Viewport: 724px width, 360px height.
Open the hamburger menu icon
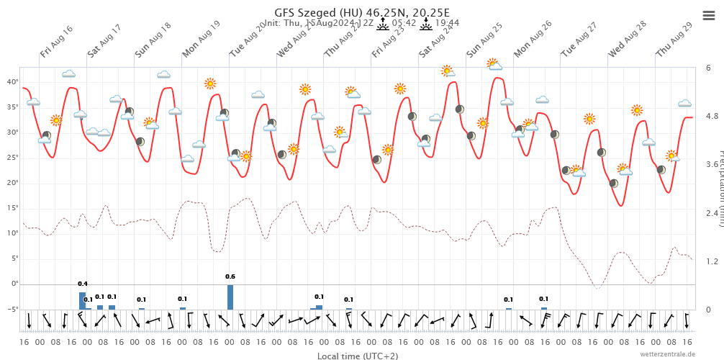click(x=708, y=15)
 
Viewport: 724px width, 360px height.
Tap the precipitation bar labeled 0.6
click(x=230, y=297)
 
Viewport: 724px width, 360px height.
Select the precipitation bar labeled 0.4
click(x=82, y=300)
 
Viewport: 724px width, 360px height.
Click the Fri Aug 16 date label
click(x=57, y=42)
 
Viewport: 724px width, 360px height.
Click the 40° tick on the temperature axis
click(x=12, y=82)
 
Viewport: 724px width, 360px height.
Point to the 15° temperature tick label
click(x=12, y=208)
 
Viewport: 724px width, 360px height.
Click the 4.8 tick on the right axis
click(x=712, y=116)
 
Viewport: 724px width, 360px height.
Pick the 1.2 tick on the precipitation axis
click(x=712, y=261)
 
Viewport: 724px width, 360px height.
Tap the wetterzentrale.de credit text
click(x=668, y=354)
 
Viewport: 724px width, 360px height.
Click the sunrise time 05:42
click(x=404, y=23)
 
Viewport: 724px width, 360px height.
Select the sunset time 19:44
click(x=447, y=23)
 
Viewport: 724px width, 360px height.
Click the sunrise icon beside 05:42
click(x=383, y=23)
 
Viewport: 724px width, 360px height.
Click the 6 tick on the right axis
click(x=709, y=68)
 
